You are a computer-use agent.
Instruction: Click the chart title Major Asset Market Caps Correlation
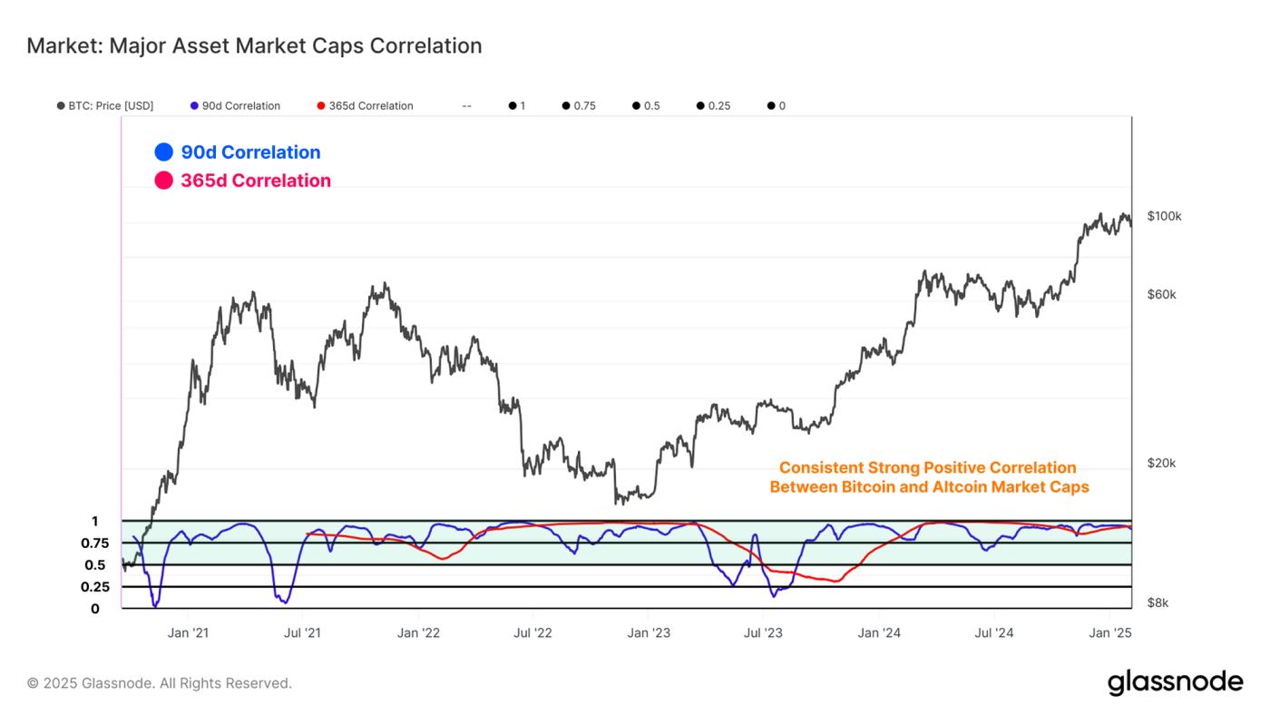click(x=254, y=45)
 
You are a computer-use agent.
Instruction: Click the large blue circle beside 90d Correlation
click(x=163, y=152)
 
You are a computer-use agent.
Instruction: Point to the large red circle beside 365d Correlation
click(x=163, y=181)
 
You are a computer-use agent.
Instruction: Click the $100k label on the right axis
click(x=1164, y=216)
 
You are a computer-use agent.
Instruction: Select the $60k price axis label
click(x=1161, y=295)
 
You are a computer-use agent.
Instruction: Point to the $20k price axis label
click(x=1161, y=463)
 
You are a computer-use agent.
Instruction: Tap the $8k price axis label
click(x=1158, y=602)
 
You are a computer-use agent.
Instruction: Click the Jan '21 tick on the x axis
click(x=189, y=632)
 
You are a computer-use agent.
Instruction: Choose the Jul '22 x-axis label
click(x=533, y=632)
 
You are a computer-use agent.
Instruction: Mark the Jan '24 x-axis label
click(x=879, y=632)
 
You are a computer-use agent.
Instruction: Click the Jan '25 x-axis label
click(x=1109, y=632)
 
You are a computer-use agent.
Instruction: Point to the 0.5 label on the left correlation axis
click(x=95, y=565)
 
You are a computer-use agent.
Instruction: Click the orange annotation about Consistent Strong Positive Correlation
click(x=928, y=477)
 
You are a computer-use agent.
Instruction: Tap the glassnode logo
click(x=1175, y=682)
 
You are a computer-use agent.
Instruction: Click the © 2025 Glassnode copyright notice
click(x=160, y=683)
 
